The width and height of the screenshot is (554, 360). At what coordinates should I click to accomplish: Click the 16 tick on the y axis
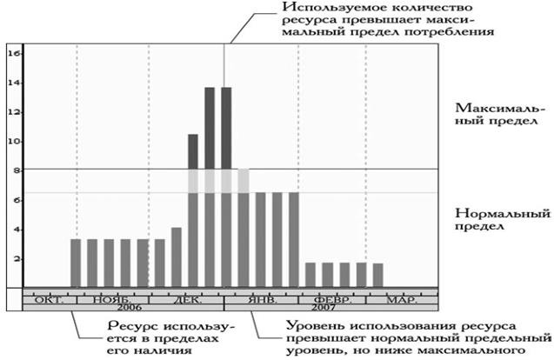pyautogui.click(x=13, y=53)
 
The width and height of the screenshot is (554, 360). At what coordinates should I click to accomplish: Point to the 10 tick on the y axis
pyautogui.click(x=13, y=141)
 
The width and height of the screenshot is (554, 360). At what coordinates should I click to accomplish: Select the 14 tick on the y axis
pyautogui.click(x=13, y=83)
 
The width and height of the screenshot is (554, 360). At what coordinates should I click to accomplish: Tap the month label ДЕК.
pyautogui.click(x=189, y=299)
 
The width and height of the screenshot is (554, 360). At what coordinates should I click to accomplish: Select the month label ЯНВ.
pyautogui.click(x=261, y=299)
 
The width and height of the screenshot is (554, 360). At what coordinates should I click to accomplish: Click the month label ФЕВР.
pyautogui.click(x=332, y=299)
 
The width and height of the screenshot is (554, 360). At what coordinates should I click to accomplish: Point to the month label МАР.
pyautogui.click(x=399, y=299)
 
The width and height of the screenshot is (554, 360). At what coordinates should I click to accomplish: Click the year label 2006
pyautogui.click(x=128, y=308)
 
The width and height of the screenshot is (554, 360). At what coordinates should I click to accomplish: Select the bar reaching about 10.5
pyautogui.click(x=193, y=209)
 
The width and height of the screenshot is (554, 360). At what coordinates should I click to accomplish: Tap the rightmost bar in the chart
pyautogui.click(x=377, y=275)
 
